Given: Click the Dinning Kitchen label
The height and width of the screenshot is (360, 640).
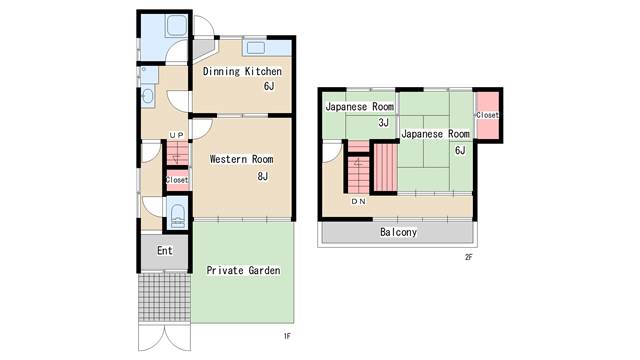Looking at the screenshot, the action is tap(242, 71).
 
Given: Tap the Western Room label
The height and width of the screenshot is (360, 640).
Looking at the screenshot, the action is tap(241, 159).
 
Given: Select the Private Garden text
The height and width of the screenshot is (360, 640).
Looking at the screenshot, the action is tap(243, 270).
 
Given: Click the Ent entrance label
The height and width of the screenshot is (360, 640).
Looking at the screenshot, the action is tap(165, 251).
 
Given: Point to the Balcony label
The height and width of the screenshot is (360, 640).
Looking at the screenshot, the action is tap(398, 232).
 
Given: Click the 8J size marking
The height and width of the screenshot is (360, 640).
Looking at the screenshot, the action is tap(262, 176).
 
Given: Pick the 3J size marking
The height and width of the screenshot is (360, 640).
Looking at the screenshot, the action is tap(383, 122).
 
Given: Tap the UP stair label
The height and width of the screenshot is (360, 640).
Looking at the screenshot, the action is tap(177, 135).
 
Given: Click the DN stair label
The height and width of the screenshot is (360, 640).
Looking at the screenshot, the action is tap(358, 202).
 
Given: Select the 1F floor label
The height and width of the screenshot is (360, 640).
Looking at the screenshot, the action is tap(287, 336).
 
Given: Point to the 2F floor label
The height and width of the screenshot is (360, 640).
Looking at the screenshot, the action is tap(468, 257).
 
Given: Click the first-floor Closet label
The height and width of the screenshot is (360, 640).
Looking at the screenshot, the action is tap(177, 180).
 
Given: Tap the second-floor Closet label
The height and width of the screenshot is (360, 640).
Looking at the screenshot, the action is tap(487, 115).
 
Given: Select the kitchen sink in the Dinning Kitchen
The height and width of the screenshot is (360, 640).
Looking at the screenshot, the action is tap(256, 48).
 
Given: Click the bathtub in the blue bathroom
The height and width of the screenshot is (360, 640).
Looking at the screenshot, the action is tap(176, 26).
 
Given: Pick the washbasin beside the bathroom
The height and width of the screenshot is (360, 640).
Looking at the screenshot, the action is tap(147, 97).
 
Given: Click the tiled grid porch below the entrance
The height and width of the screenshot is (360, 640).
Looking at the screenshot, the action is tap(164, 298).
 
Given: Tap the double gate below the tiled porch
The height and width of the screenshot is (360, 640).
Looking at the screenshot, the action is tap(164, 337).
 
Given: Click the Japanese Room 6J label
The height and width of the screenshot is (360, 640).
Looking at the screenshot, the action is tap(436, 141).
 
